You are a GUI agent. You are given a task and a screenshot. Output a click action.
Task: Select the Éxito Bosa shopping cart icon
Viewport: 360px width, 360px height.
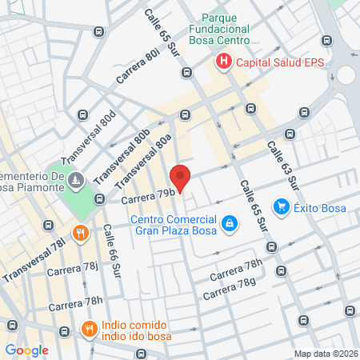point(281,207)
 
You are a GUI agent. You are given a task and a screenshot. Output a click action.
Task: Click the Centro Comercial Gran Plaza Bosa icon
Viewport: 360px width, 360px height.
point(230,223)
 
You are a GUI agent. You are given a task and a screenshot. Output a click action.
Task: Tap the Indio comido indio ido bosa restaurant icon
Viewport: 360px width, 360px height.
point(90,328)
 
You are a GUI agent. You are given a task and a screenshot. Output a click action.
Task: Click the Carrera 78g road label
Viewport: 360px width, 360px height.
point(230,289)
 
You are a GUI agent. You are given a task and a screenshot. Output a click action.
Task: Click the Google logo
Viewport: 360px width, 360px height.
point(26,350)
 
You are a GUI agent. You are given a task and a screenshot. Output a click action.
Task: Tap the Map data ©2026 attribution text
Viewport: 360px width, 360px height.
point(326,354)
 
